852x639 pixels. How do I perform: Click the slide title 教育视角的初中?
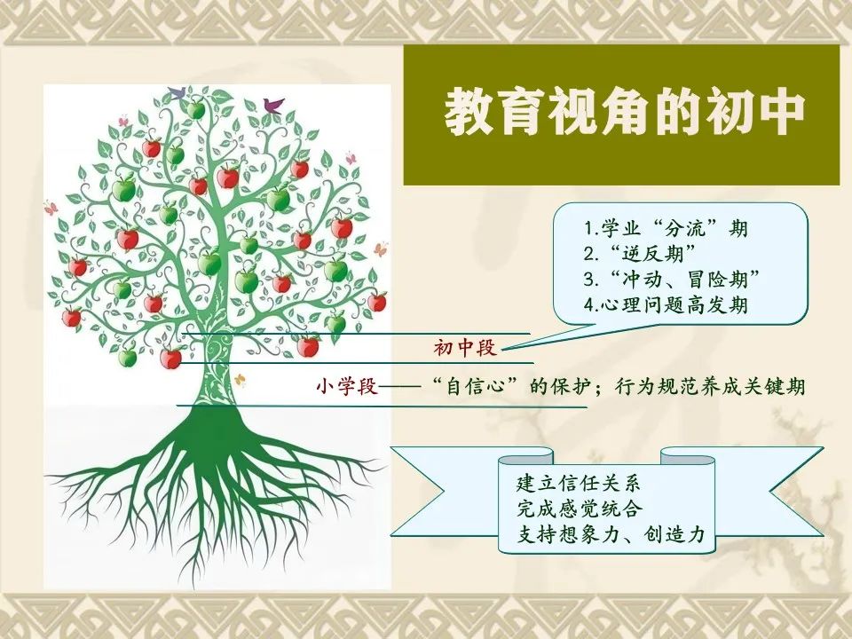(624, 113)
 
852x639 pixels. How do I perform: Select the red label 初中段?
(465, 347)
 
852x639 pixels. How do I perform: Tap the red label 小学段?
(347, 386)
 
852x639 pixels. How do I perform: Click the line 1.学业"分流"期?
(666, 228)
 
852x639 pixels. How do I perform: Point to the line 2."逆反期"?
(640, 253)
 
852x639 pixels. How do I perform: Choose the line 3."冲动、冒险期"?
(671, 280)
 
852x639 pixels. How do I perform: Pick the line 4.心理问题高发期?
(666, 304)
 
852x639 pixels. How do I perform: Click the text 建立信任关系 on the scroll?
(579, 483)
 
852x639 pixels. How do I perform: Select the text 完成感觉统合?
(579, 509)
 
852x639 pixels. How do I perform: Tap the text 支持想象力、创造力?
(611, 534)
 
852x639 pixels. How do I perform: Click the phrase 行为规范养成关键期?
(710, 386)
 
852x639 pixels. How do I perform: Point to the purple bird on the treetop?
(272, 105)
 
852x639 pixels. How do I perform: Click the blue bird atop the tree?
(177, 92)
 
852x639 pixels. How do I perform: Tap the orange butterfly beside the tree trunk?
(239, 379)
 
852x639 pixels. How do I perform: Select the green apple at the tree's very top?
(195, 109)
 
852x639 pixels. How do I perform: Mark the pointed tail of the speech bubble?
(503, 350)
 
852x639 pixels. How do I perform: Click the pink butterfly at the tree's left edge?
(51, 208)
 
